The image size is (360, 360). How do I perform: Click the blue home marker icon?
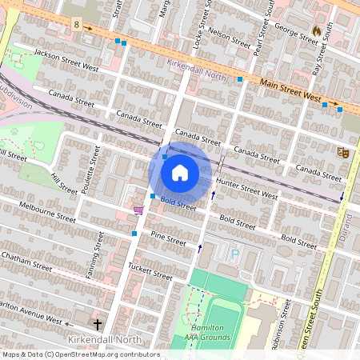180,172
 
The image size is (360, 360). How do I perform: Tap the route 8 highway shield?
76,25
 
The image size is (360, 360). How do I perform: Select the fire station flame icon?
316,31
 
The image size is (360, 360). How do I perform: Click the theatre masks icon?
343,152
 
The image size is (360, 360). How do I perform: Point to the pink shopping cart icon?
138,210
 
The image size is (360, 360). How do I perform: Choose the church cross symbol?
98,324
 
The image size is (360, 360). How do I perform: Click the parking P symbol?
234,254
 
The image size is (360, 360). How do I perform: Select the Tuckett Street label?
150,270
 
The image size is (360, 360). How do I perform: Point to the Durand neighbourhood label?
351,211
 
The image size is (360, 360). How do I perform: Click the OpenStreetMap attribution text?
80,354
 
